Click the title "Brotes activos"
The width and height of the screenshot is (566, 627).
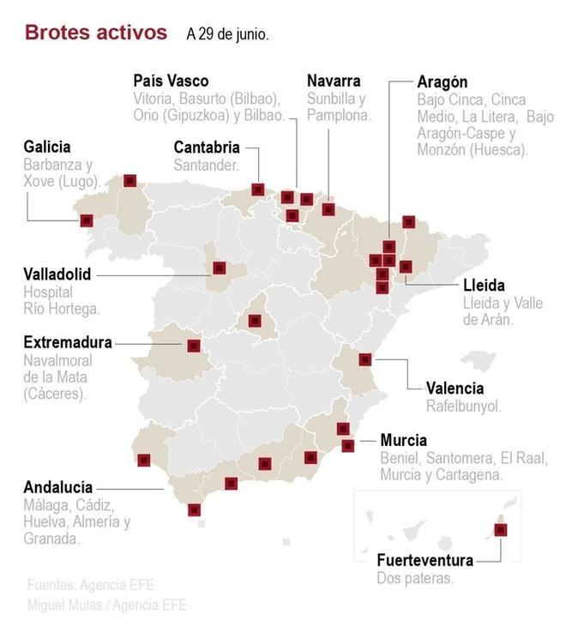96,33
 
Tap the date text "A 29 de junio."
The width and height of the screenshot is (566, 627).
227,35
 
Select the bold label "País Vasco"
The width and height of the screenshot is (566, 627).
171,81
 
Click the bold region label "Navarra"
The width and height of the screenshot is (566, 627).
334,81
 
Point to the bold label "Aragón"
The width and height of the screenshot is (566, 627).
443,82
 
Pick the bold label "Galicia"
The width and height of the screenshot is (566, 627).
47,147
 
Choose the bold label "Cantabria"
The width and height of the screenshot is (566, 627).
207,147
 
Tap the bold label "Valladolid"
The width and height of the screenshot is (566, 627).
57,274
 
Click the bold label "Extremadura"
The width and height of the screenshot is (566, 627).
68,342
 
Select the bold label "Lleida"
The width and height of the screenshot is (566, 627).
484,285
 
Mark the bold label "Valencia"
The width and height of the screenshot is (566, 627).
455,388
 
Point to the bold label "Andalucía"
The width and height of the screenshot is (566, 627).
58,486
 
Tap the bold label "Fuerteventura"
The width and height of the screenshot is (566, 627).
425,560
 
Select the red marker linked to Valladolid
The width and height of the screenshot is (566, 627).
220,268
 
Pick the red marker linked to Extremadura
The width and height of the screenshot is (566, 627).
194,346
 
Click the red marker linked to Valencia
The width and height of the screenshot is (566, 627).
365,359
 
